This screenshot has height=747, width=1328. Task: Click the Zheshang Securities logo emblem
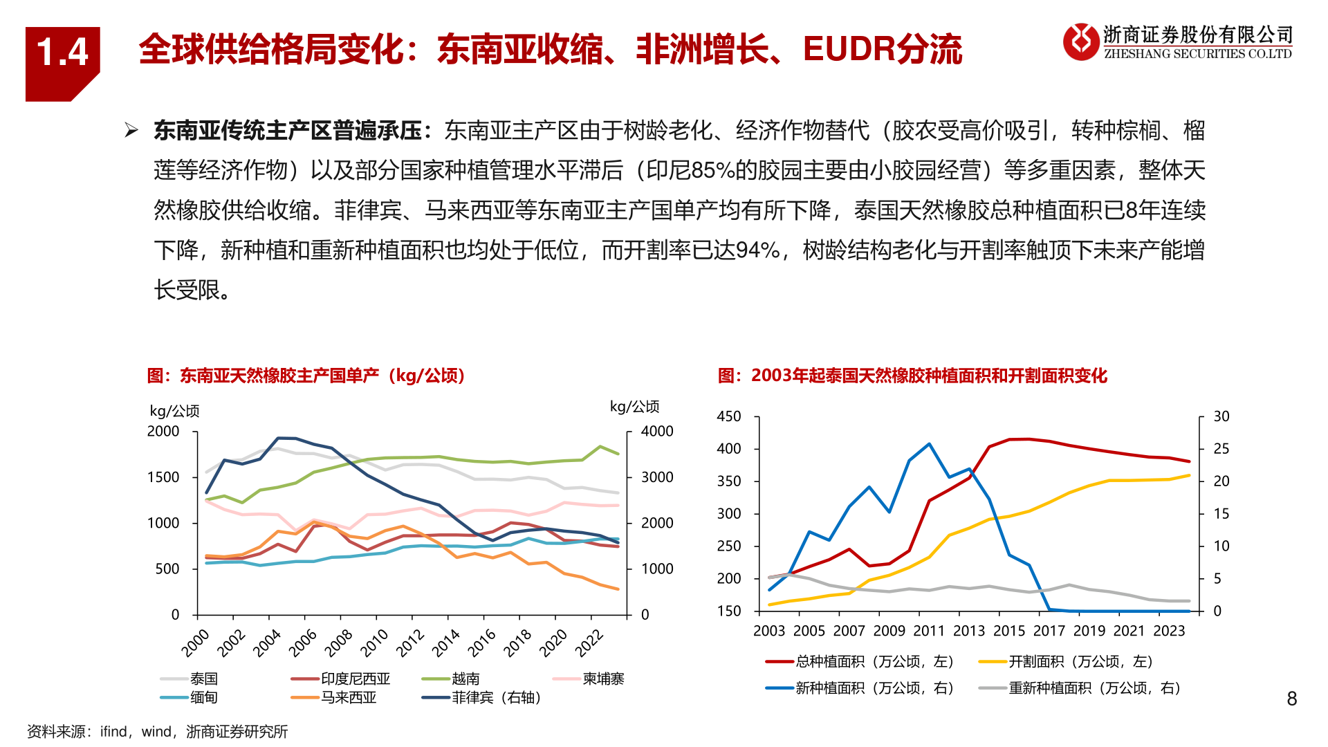tap(1080, 41)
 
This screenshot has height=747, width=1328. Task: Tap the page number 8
tap(1291, 699)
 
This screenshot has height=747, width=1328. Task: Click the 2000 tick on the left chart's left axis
tap(163, 432)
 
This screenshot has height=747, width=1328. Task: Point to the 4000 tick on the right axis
tap(656, 432)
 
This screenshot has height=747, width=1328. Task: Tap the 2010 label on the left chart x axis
tap(374, 643)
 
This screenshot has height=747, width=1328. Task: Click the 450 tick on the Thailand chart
tap(729, 416)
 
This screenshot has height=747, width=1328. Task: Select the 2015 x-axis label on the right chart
tap(1009, 631)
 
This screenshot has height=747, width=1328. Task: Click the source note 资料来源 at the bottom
tap(158, 732)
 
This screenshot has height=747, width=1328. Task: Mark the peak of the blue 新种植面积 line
tap(929, 444)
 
